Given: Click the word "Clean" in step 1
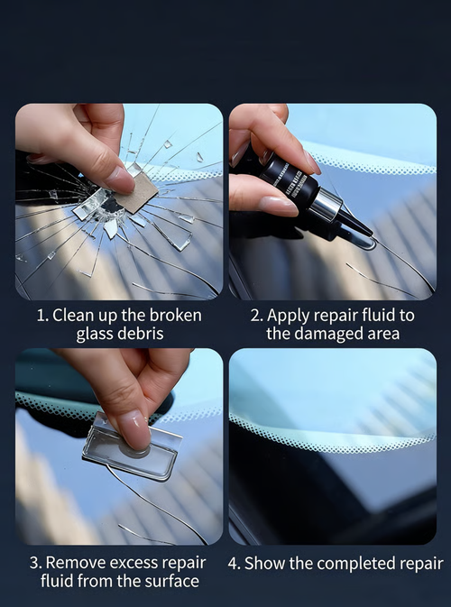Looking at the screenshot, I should pos(74,316).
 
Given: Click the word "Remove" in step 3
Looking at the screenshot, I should pos(77,563).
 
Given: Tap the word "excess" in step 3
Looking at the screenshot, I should pos(136,563).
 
